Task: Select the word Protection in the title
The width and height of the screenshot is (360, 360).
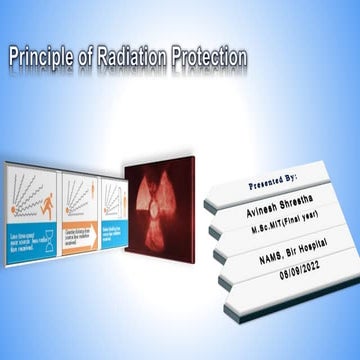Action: pos(208,57)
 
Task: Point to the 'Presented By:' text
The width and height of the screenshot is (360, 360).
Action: pos(267,187)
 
